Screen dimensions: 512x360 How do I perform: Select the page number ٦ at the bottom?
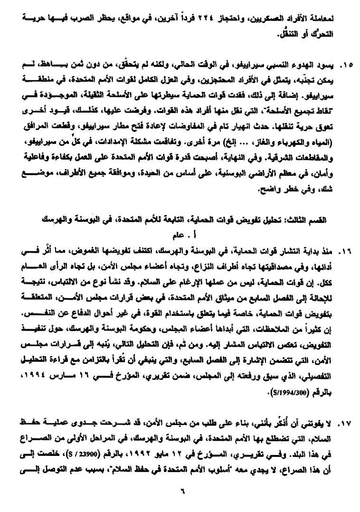[181, 491]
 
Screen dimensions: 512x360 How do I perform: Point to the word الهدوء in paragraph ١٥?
[306, 64]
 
